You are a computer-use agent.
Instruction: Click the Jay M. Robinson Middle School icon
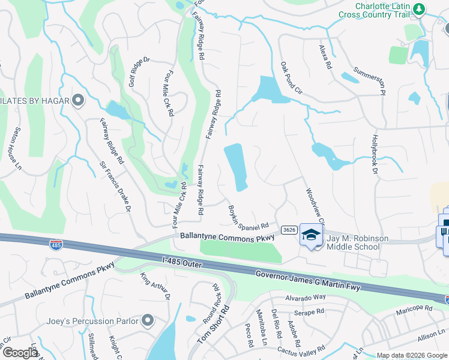(x=311, y=235)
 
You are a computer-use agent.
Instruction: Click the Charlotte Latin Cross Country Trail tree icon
(x=420, y=9)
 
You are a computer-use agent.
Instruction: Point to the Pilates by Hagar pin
(x=77, y=100)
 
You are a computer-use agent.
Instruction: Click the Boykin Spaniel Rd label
(x=248, y=218)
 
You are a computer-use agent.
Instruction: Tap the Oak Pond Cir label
(x=291, y=77)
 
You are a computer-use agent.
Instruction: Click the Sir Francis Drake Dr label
(x=115, y=187)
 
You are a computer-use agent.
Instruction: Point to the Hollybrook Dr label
(x=376, y=153)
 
